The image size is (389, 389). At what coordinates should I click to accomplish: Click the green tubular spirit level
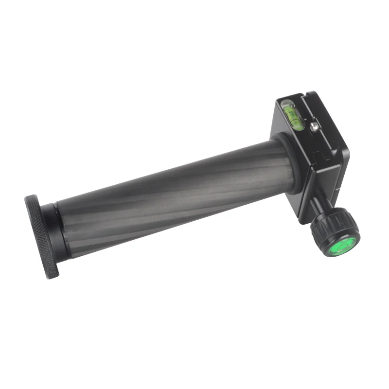click(293, 117)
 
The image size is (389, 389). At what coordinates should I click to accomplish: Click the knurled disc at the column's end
click(41, 236)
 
